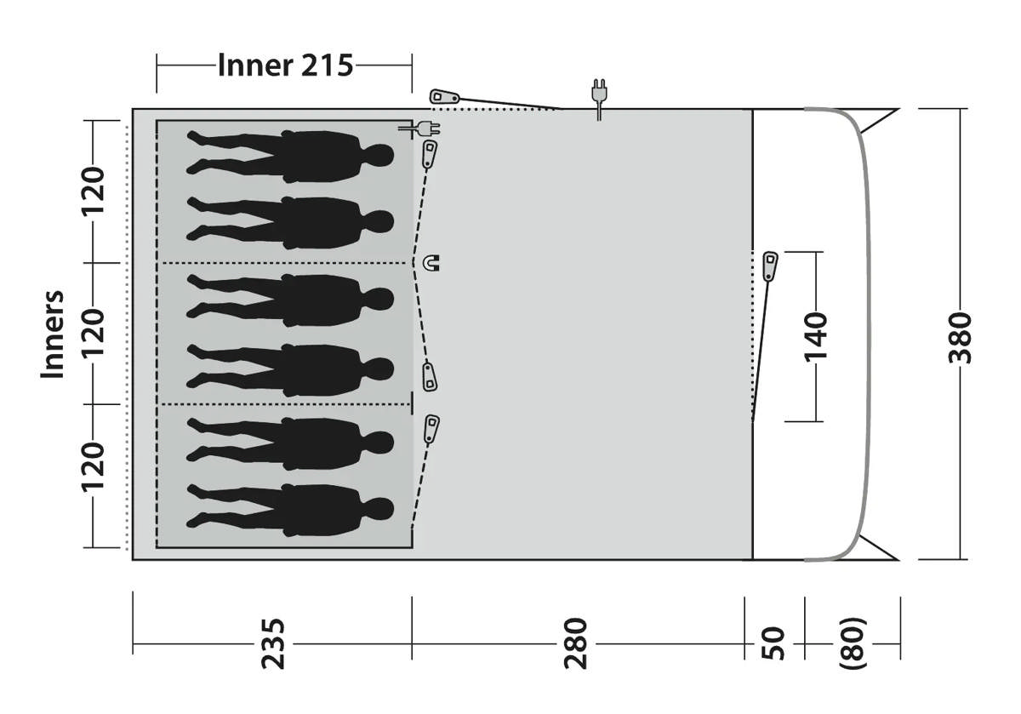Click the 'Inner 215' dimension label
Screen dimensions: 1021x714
click(285, 66)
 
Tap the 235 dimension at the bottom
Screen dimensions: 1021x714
click(273, 643)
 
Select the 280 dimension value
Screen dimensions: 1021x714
click(575, 643)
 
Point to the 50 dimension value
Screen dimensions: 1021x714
click(773, 643)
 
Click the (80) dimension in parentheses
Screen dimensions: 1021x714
click(852, 643)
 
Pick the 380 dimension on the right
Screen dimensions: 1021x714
click(960, 338)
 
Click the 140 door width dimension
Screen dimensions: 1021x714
click(815, 337)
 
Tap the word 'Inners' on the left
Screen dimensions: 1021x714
click(53, 334)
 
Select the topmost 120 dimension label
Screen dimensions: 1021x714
click(93, 191)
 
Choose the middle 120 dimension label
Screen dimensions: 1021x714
click(93, 333)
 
